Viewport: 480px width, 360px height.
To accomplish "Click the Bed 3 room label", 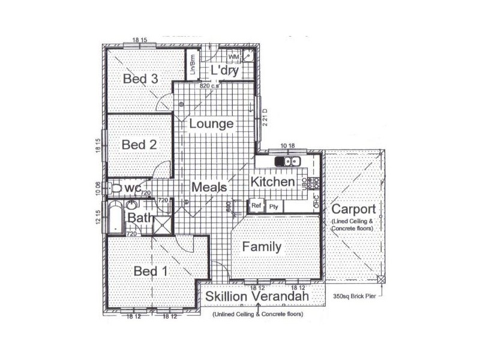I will pos(140,79).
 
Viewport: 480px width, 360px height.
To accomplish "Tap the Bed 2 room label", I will pos(139,145).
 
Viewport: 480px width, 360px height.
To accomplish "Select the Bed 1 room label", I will pos(150,271).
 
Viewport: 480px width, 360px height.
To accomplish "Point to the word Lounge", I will pos(211,124).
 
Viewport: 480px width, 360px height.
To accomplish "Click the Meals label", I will pos(209,187).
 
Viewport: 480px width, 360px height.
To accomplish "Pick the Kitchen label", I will pos(272,182).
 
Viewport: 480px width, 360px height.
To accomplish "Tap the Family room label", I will pos(262,247).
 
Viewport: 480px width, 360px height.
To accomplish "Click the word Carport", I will pos(353,209).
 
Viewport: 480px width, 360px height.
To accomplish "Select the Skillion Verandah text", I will pos(257,297).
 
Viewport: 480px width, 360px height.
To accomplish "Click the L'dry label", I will pos(225,71).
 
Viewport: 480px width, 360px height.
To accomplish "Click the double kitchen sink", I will pos(287,161).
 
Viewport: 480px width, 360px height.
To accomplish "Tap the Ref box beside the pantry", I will pos(256,205).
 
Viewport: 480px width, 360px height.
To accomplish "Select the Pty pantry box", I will pos(274,206).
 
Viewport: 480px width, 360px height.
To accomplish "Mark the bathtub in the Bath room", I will pos(115,218).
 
